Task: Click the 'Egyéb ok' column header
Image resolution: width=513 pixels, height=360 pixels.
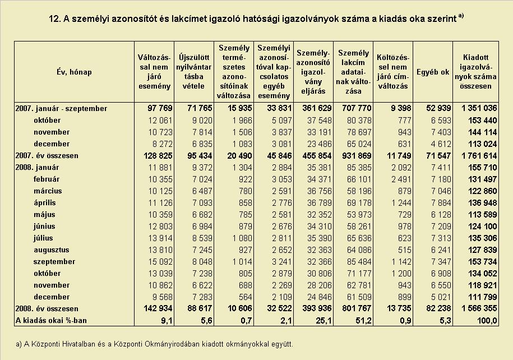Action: [432, 72]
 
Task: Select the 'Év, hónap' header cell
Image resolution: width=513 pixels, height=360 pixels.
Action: [74, 72]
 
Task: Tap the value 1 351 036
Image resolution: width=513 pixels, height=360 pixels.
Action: [479, 108]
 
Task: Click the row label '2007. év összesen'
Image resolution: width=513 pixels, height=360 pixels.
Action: [47, 155]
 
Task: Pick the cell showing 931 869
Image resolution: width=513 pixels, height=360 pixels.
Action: [357, 155]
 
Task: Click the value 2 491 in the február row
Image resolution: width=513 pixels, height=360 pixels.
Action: [401, 179]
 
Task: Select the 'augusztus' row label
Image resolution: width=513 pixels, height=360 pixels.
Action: [52, 250]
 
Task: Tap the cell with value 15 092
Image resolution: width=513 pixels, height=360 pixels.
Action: [160, 261]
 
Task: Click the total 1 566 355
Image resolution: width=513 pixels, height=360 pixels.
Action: [479, 308]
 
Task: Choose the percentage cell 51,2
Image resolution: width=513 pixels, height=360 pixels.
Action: [364, 320]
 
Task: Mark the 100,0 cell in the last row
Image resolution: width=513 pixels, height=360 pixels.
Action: [487, 320]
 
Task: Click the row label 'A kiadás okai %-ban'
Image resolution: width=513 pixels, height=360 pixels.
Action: [51, 320]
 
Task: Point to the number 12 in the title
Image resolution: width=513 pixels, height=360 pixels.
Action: [53, 19]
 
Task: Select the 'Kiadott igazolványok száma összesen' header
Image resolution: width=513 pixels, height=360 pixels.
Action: [475, 72]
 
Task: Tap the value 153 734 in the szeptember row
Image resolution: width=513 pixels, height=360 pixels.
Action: [483, 261]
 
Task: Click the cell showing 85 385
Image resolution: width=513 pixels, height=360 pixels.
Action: [359, 167]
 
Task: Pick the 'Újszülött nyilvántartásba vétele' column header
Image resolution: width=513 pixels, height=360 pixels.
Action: [194, 72]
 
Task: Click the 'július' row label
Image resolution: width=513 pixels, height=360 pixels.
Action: [43, 238]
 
